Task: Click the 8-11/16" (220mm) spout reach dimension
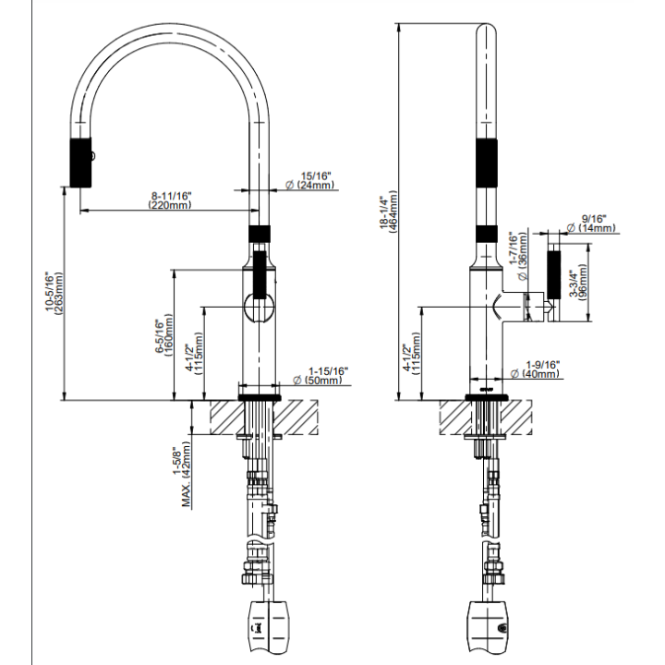pos(170,200)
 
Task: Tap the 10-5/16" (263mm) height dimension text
pos(54,293)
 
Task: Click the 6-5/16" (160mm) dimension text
pos(164,336)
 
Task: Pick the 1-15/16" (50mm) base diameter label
pos(321,376)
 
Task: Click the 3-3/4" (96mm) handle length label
pos(578,282)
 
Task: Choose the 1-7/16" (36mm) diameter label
pos(519,255)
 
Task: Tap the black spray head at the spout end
pos(80,162)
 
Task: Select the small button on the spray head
pos(93,156)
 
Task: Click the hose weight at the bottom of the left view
pos(268,632)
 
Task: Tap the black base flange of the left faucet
pos(260,397)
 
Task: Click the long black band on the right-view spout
pos(487,163)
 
